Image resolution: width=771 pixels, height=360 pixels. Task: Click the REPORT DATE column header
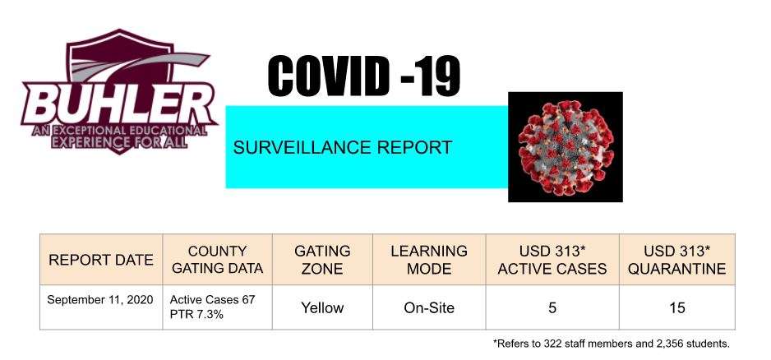coord(101,260)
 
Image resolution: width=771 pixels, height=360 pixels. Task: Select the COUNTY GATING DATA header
coord(217,260)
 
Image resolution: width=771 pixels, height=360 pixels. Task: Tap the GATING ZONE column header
coord(322,260)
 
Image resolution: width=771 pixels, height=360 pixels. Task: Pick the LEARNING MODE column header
coord(429,260)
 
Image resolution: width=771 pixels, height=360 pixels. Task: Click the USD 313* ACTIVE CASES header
coord(552,260)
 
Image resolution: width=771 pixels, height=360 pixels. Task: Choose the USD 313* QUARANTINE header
coord(677,260)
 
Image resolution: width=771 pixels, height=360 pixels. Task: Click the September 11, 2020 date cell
coord(99,299)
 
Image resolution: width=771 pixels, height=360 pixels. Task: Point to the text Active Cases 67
coord(212,299)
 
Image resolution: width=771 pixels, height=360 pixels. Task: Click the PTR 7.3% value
coord(196,314)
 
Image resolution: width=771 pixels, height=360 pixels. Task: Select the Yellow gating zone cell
coord(322,308)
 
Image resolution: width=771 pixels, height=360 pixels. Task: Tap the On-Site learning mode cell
coord(429,308)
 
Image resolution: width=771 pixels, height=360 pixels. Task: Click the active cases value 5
coord(552,308)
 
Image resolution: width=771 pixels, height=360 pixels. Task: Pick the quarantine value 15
coord(677,308)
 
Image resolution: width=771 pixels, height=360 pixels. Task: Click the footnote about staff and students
coord(612,344)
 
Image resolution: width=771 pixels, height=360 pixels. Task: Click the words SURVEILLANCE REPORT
coord(342,147)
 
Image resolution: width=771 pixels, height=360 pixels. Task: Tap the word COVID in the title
coord(326,76)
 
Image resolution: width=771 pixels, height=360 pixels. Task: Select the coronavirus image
coord(566,146)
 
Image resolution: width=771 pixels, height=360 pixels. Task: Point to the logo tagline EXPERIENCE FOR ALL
coord(118,141)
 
